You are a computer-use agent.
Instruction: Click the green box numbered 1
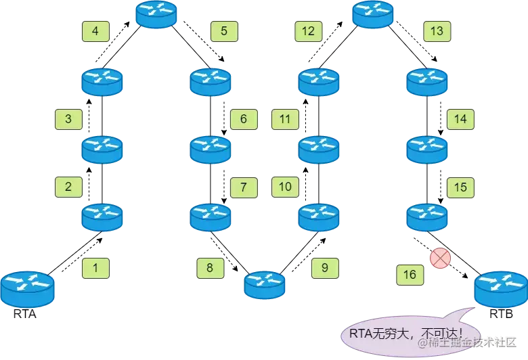click(x=95, y=268)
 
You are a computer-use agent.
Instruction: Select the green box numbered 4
click(x=95, y=31)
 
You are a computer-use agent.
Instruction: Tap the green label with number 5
click(x=224, y=31)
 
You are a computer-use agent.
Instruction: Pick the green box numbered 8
click(x=210, y=268)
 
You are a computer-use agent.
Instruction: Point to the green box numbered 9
click(x=325, y=268)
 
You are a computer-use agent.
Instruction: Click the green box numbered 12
click(x=308, y=31)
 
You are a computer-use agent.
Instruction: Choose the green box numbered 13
click(x=437, y=31)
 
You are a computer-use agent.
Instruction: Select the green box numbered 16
click(x=410, y=275)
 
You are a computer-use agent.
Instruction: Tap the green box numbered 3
click(x=68, y=120)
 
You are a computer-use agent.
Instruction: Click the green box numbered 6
click(x=244, y=120)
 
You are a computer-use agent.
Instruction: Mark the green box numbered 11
click(x=285, y=120)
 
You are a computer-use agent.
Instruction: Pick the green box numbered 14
click(x=460, y=120)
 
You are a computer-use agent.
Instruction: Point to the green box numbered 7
click(x=244, y=187)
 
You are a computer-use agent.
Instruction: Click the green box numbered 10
click(x=285, y=187)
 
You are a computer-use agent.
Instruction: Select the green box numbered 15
click(x=460, y=187)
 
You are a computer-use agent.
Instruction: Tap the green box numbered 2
click(x=68, y=187)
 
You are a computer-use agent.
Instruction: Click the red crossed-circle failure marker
click(x=440, y=258)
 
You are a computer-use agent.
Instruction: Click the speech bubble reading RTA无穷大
click(x=405, y=333)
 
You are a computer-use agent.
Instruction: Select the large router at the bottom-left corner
click(x=27, y=289)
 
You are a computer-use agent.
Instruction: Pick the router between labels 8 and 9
click(x=265, y=285)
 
